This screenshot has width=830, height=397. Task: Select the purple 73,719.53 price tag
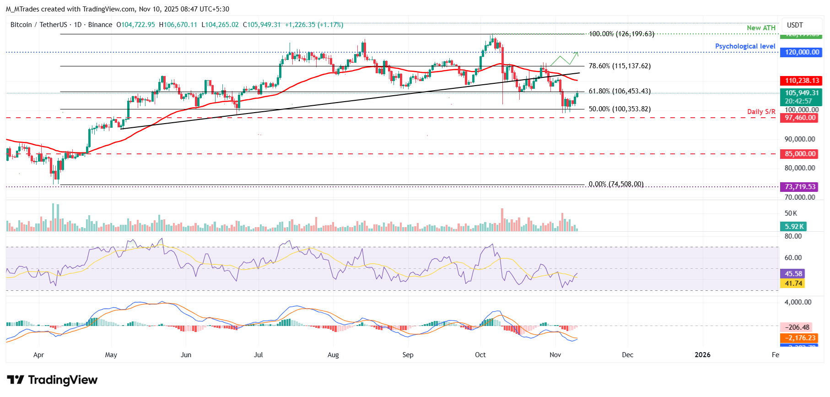pos(800,187)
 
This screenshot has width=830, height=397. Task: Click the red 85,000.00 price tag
pos(800,154)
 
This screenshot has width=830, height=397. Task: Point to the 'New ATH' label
pos(761,28)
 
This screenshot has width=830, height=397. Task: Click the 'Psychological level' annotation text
pos(745,46)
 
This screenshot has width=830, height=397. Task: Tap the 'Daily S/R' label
pos(761,112)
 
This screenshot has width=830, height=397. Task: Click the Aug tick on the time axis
pos(333,355)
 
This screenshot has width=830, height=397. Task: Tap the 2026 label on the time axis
pos(702,355)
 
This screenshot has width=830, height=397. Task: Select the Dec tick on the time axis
pos(627,355)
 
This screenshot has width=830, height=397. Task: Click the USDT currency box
pos(795,25)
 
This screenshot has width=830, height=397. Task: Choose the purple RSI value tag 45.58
pos(793,274)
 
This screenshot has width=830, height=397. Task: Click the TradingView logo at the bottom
pos(52,380)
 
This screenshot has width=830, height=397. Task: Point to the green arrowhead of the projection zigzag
pos(577,53)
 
